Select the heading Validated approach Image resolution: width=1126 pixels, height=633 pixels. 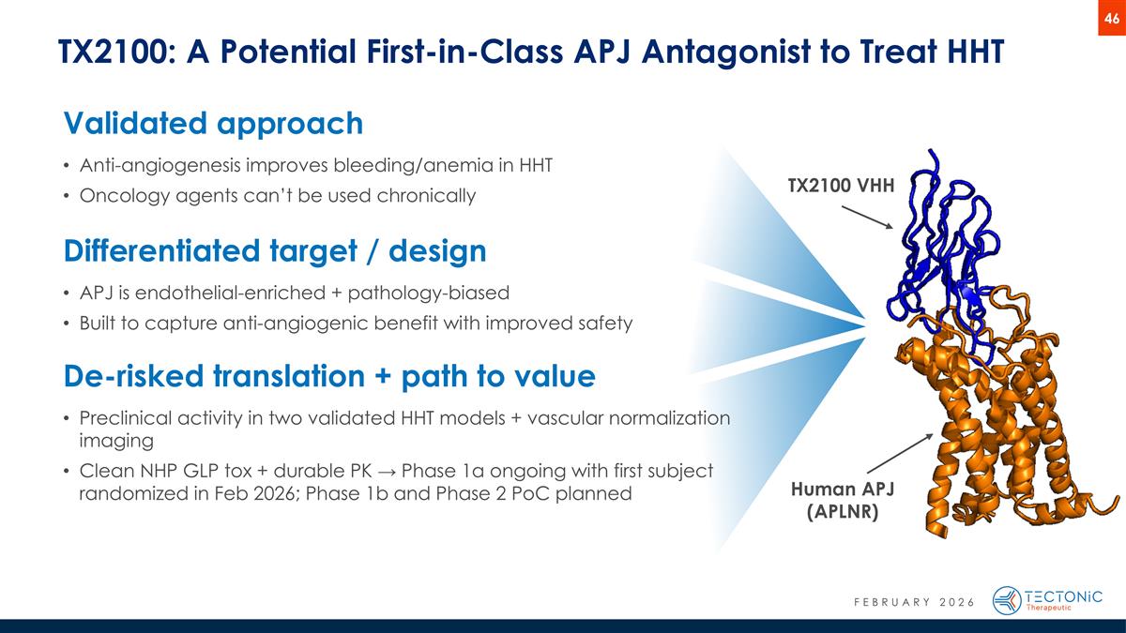click(213, 123)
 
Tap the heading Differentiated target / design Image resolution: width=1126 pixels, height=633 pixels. click(275, 250)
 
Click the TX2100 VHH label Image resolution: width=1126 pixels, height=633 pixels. click(841, 187)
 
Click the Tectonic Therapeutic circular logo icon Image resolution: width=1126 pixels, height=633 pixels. click(1007, 600)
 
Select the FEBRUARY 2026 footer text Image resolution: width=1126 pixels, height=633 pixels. click(901, 601)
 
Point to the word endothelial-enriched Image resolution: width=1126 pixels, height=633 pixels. click(226, 293)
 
